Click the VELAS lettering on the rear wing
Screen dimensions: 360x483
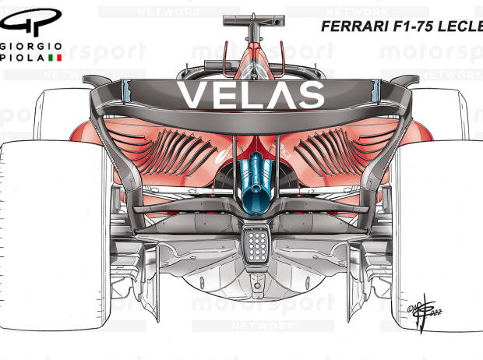tap(251, 95)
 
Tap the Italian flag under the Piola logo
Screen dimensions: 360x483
tap(55, 58)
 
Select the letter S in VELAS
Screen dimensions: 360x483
tap(312, 95)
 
